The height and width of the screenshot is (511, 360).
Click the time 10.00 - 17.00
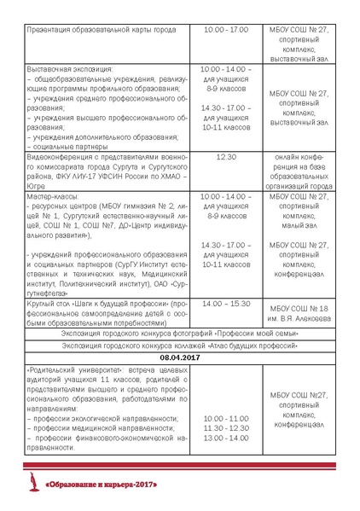pyautogui.click(x=227, y=30)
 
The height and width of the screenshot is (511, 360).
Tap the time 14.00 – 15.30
pyautogui.click(x=227, y=303)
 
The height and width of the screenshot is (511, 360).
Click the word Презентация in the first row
pyautogui.click(x=53, y=30)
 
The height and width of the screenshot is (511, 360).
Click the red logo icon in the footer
pyautogui.click(x=37, y=484)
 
